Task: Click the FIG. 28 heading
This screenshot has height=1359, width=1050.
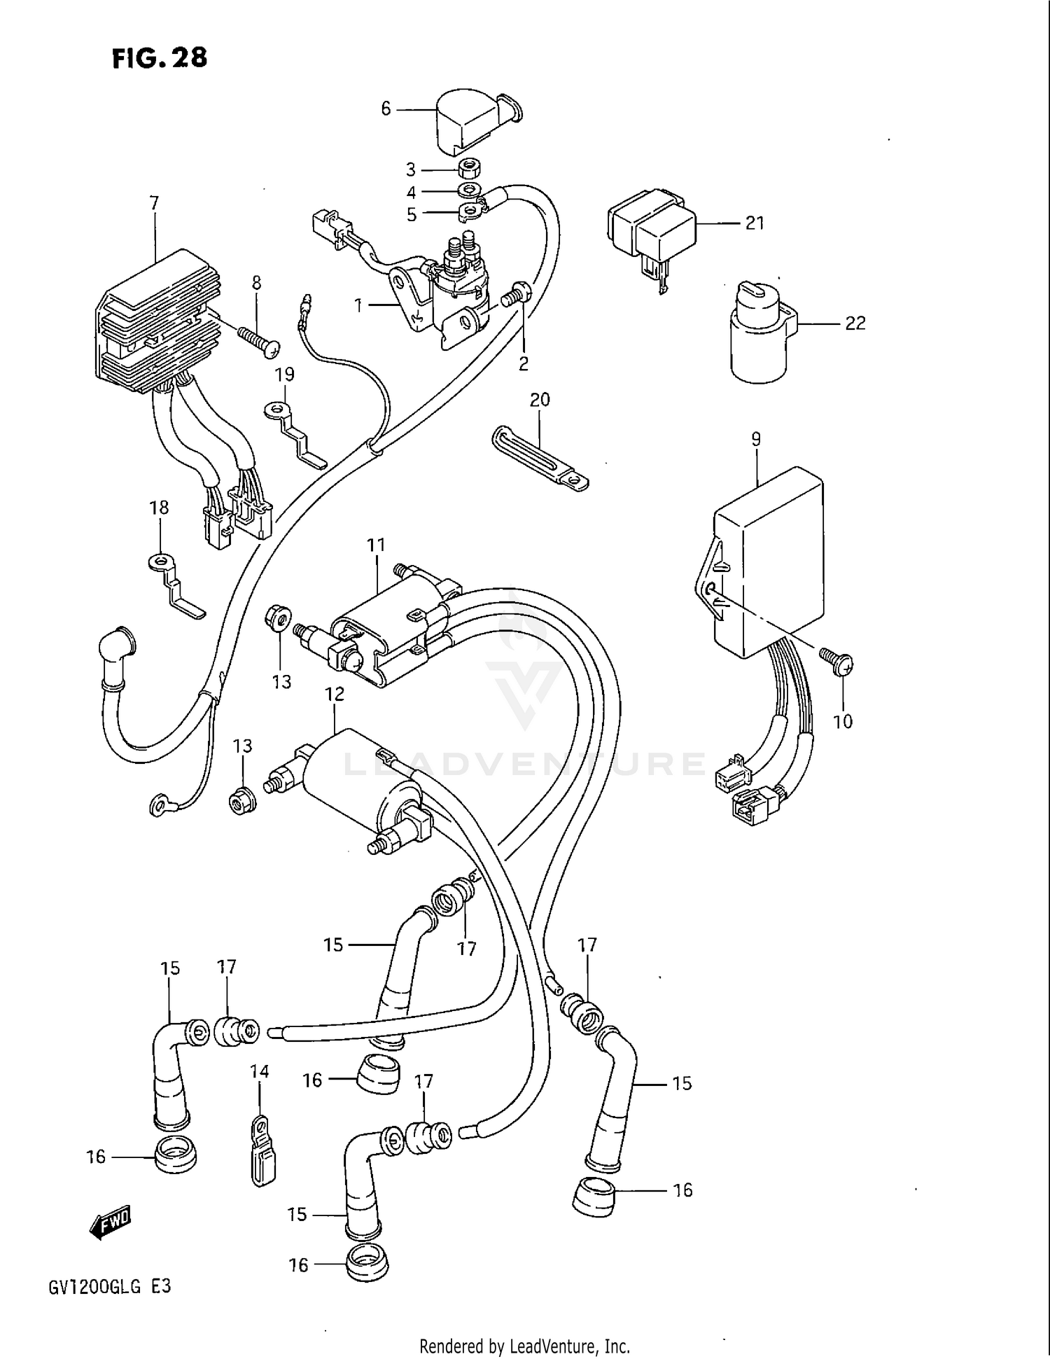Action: click(160, 57)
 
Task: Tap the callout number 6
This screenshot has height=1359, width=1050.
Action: click(386, 109)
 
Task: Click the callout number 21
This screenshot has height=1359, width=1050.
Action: click(754, 223)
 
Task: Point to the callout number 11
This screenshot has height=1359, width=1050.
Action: click(376, 545)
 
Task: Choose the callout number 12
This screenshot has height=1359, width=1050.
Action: click(335, 694)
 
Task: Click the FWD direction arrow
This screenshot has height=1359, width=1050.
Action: click(110, 1222)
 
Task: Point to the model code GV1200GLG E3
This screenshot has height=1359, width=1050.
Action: click(109, 1286)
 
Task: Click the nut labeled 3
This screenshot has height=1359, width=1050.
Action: click(467, 169)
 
